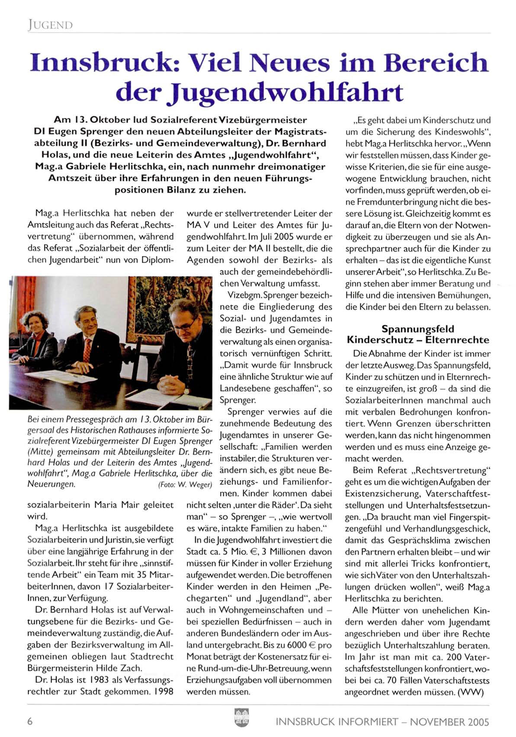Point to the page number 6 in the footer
click(30, 721)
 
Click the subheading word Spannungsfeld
click(418, 329)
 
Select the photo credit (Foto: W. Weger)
click(185, 484)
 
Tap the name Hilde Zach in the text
click(121, 668)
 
